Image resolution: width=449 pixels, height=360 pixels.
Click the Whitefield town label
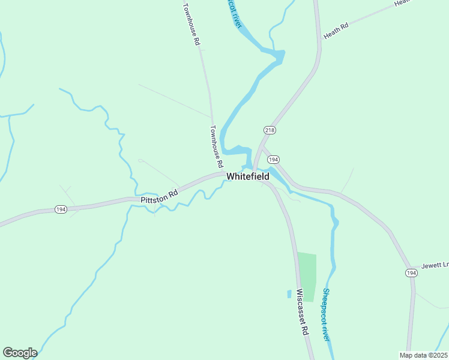[x=248, y=176]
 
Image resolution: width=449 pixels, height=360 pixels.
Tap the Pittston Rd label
[x=160, y=194]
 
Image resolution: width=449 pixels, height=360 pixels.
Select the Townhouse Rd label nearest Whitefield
[x=217, y=146]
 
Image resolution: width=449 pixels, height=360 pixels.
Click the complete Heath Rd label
[x=336, y=32]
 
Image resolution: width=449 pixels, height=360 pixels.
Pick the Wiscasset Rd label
[x=302, y=312]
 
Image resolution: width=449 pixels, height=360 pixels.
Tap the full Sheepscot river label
[x=327, y=314]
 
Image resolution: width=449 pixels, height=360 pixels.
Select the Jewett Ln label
[x=435, y=265]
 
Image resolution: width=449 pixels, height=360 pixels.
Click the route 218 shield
[x=269, y=130]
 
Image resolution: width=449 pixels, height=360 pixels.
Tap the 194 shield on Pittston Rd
[x=61, y=209]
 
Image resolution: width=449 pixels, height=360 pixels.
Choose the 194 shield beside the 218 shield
[x=273, y=160]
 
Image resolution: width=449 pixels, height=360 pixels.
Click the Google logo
[x=20, y=353]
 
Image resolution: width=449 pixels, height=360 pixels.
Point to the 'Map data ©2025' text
[x=423, y=355]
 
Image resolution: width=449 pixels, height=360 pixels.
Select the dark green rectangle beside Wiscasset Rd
[x=307, y=276]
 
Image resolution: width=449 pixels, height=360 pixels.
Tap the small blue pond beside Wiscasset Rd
[x=289, y=294]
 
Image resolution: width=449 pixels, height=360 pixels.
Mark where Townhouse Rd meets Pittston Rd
[x=223, y=174]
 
